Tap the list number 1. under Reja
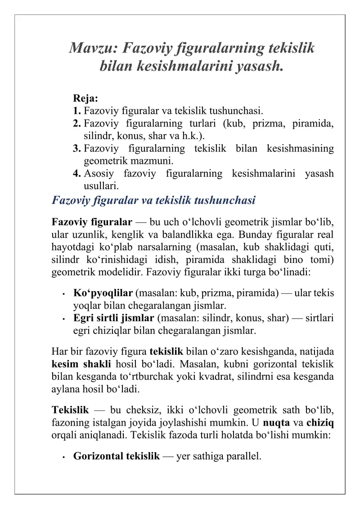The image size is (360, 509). [x=77, y=111]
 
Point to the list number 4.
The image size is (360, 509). [x=77, y=173]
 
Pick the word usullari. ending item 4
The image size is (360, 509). [x=102, y=185]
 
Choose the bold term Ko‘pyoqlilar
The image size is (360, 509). [x=103, y=293]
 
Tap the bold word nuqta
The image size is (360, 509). [x=276, y=423]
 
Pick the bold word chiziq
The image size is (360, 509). [x=320, y=423]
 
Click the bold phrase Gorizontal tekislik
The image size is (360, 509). [x=116, y=457]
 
